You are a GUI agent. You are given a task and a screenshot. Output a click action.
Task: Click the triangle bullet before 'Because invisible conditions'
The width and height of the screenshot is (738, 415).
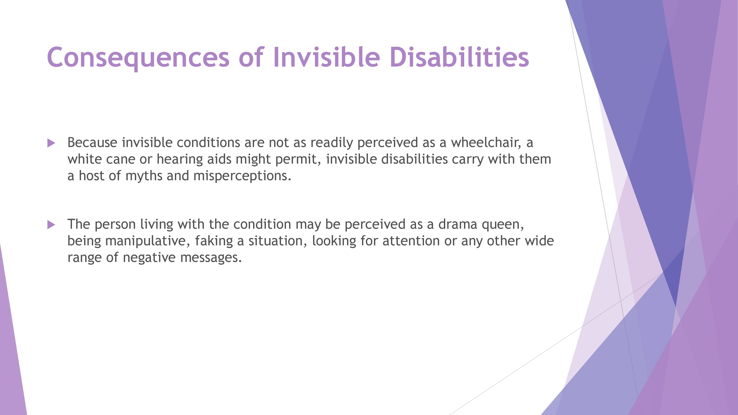point(51,143)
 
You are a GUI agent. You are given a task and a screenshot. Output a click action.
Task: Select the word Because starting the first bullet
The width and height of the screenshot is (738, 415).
point(92,143)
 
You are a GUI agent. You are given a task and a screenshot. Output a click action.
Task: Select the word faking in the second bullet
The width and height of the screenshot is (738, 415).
point(214,241)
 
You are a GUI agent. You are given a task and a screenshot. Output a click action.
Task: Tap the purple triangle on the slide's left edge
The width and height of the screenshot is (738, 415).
point(10,344)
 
